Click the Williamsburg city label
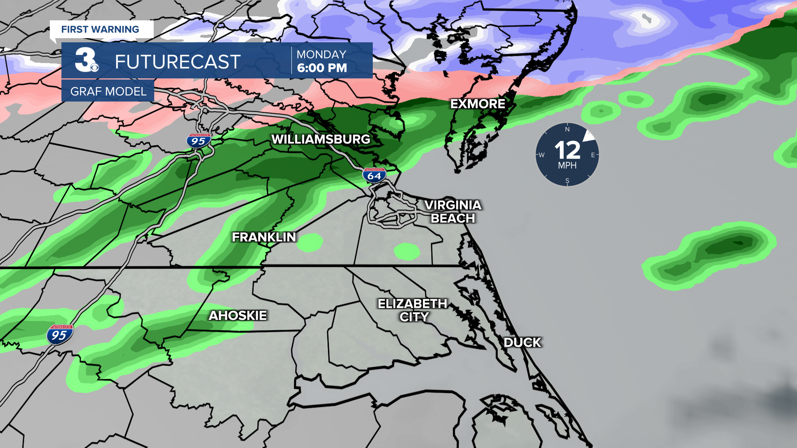coord(320,139)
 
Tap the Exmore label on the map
coord(478,104)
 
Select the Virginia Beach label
coord(453,212)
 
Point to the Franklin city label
coord(264,237)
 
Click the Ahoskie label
coord(238,316)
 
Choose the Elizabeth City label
coord(413,310)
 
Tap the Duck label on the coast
coord(522,343)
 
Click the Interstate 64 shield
coord(374,175)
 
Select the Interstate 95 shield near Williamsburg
coord(198,141)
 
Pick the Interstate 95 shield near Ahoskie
coord(60,334)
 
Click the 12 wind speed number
coord(567,150)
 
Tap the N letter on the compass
coord(567,129)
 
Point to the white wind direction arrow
coord(589,136)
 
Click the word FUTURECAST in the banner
coord(178,62)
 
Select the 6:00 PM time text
coord(322,68)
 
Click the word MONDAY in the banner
coord(321,54)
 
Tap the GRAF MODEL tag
coord(108,91)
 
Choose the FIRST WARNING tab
coord(100,29)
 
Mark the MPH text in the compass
coord(567,166)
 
